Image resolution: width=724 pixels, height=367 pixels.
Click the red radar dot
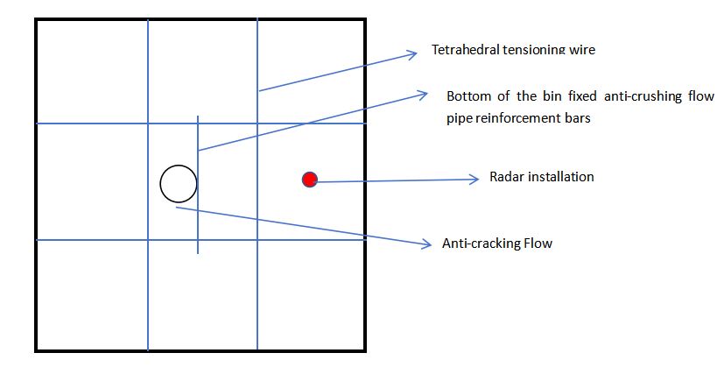coord(309,180)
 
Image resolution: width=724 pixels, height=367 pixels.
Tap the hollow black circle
coord(179,183)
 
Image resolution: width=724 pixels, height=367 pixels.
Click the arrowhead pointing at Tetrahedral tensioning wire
coord(415,54)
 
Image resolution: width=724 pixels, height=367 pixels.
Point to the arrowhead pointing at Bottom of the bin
coord(423,92)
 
